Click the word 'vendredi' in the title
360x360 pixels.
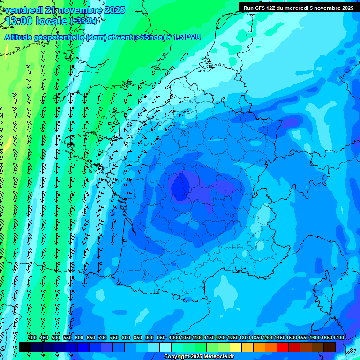point(23,10)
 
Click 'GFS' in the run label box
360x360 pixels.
point(259,8)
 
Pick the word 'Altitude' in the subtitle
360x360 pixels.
point(22,37)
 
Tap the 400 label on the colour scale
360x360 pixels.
point(32,338)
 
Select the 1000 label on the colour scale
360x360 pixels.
point(174,338)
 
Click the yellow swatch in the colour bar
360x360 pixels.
point(236,347)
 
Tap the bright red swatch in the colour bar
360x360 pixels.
point(283,347)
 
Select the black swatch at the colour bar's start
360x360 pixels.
point(25,347)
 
